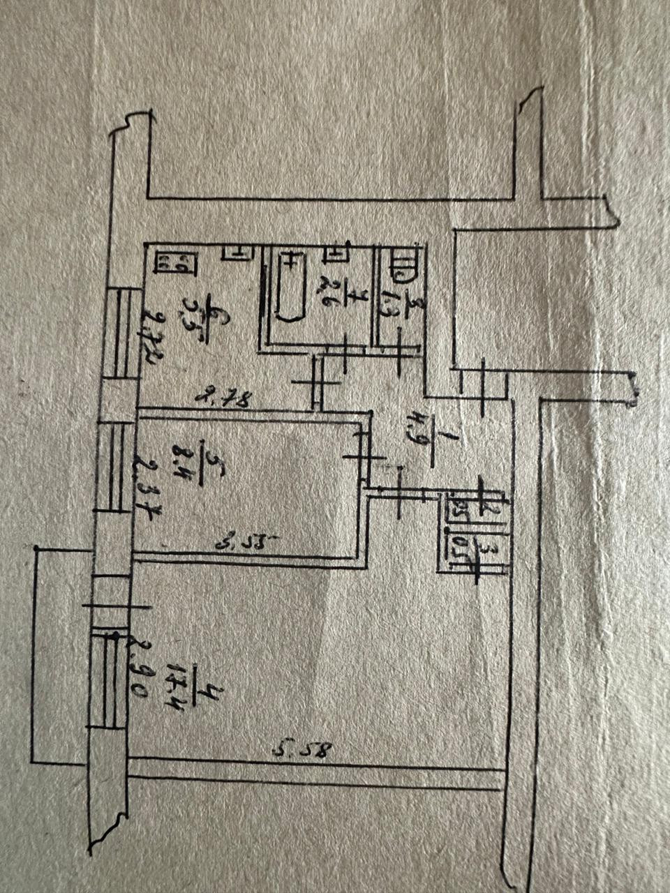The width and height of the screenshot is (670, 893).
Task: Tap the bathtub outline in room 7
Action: pyautogui.click(x=288, y=287)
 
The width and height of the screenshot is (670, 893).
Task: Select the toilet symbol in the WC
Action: pyautogui.click(x=403, y=266)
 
